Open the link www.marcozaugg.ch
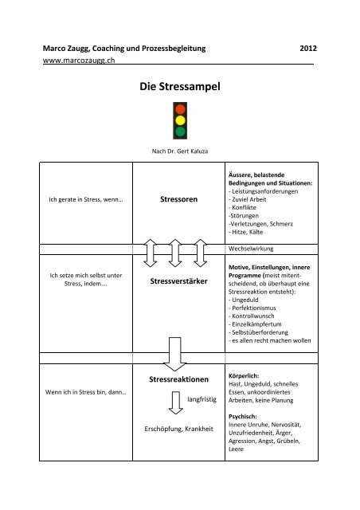(77, 61)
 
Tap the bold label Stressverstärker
(179, 282)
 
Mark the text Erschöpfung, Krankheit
(178, 431)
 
